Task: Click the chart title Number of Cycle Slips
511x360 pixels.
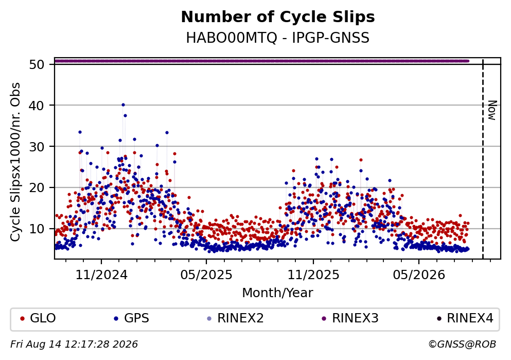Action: pos(278,17)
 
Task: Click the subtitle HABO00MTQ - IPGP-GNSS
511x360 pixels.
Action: pos(278,38)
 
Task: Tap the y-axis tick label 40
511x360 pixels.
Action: pos(37,106)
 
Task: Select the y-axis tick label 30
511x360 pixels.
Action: pos(37,146)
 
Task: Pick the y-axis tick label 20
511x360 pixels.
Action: pos(37,187)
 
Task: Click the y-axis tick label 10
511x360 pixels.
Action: pos(37,229)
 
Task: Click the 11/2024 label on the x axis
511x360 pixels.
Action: pos(101,275)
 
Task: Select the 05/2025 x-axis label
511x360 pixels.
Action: pos(206,275)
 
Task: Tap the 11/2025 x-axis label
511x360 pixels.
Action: pos(313,275)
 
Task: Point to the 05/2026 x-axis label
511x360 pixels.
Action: pos(419,275)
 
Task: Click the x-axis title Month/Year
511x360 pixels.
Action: pos(278,293)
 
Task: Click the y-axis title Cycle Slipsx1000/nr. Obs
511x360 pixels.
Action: pos(15,162)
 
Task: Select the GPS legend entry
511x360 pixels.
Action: pos(131,318)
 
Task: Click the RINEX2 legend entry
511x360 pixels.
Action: pos(235,318)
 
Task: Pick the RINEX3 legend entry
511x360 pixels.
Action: pos(350,318)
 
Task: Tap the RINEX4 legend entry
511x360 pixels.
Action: pos(465,318)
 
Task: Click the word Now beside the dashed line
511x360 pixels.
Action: pos(492,110)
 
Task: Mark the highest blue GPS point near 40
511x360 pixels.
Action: pos(123,105)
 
